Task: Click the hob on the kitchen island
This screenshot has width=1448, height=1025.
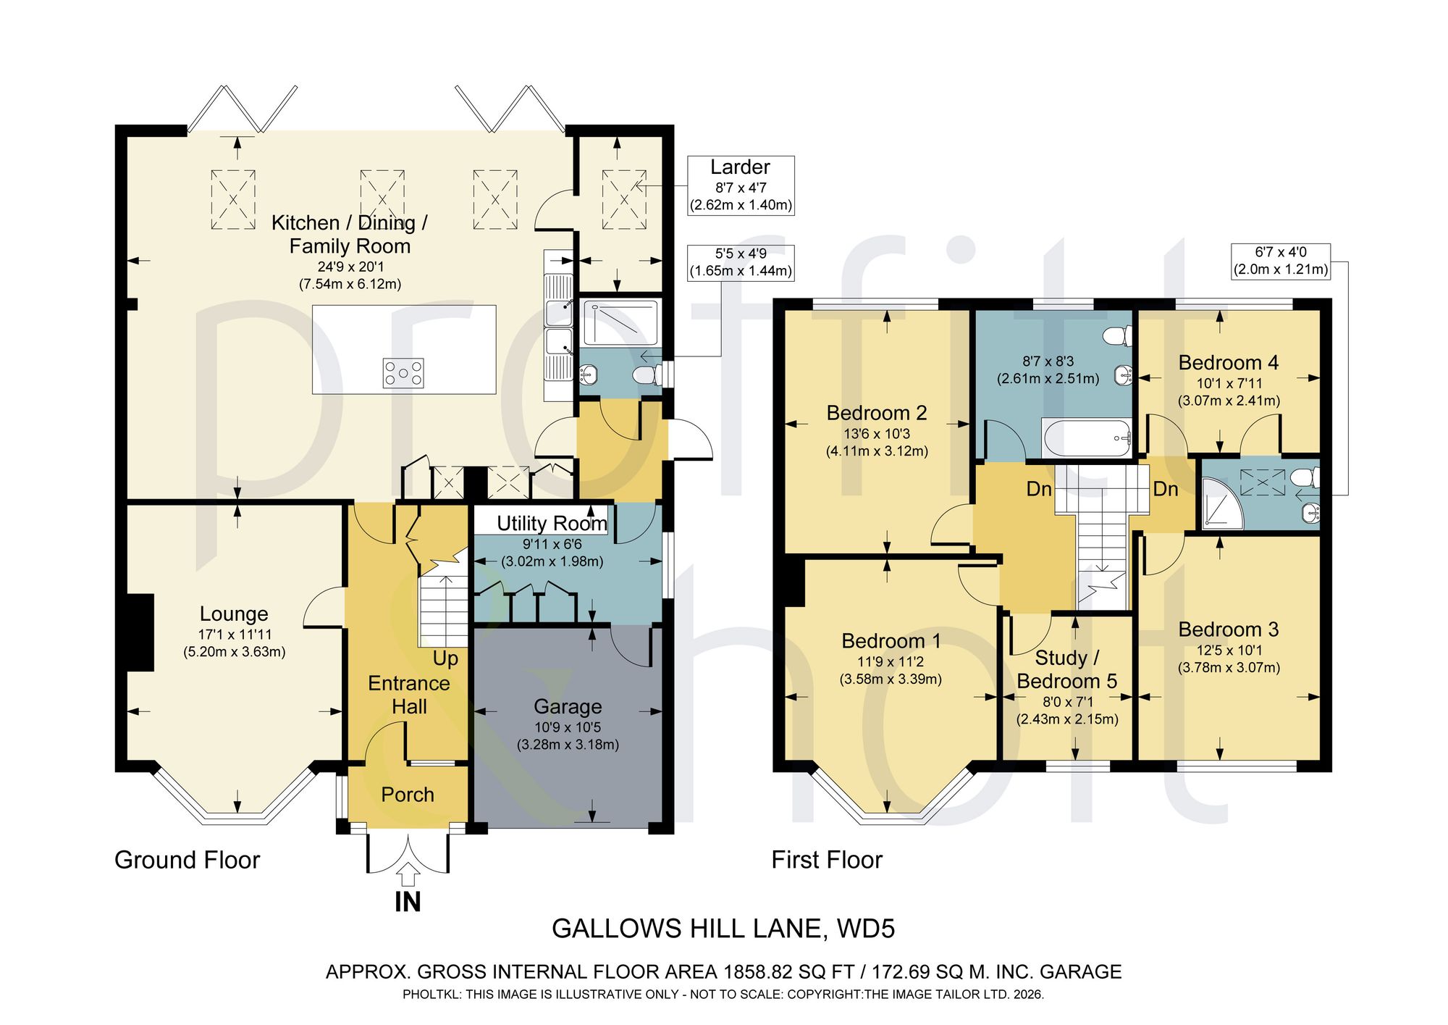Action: pyautogui.click(x=403, y=374)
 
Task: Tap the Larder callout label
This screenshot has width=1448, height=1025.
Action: pyautogui.click(x=741, y=185)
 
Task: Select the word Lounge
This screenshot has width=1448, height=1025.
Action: pyautogui.click(x=234, y=614)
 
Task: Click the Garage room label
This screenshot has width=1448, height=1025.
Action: pyautogui.click(x=568, y=706)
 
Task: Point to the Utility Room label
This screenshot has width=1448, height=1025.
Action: pyautogui.click(x=552, y=524)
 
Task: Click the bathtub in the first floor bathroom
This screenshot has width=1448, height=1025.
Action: pyautogui.click(x=1086, y=438)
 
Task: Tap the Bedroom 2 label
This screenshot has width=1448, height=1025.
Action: pyautogui.click(x=877, y=413)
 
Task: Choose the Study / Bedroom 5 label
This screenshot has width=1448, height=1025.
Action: pyautogui.click(x=1067, y=669)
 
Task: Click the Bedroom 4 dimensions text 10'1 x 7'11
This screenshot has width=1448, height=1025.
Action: pyautogui.click(x=1229, y=383)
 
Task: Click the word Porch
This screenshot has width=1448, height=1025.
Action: pyautogui.click(x=408, y=795)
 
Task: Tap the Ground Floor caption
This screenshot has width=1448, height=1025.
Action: pyautogui.click(x=187, y=860)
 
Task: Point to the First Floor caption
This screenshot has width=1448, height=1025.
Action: pyautogui.click(x=827, y=860)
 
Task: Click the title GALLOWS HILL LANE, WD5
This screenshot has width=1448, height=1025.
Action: pyautogui.click(x=723, y=929)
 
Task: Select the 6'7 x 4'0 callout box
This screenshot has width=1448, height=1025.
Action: pyautogui.click(x=1281, y=262)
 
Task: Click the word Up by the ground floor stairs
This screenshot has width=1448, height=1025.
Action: pyautogui.click(x=446, y=658)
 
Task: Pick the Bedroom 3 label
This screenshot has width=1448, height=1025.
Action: pyautogui.click(x=1229, y=629)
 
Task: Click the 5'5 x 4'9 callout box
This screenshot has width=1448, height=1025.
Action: pyautogui.click(x=741, y=263)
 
